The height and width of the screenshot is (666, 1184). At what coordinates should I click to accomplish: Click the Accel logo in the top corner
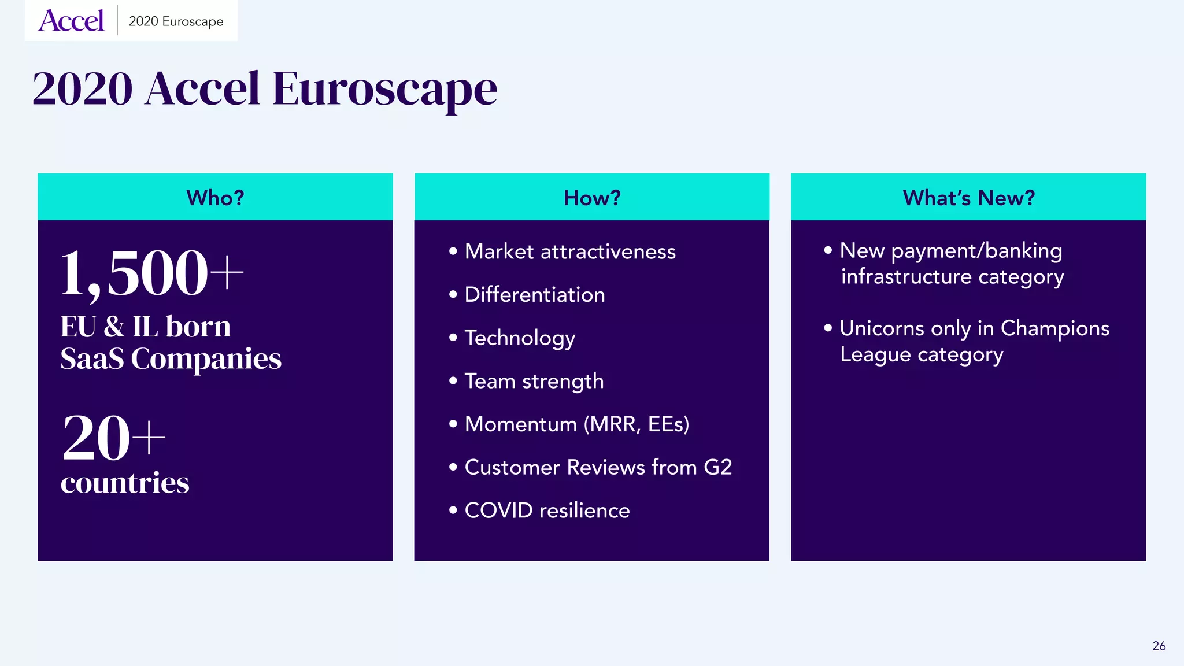[71, 21]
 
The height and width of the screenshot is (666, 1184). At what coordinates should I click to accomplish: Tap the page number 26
[1159, 646]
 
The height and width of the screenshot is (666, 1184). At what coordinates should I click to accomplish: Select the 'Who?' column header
[215, 198]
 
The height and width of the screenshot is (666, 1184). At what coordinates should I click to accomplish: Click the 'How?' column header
[592, 198]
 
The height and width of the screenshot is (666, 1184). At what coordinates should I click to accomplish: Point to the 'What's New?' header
[968, 198]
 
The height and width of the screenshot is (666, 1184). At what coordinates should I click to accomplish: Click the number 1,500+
[151, 273]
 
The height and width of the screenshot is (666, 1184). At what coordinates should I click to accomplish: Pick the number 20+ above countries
[114, 438]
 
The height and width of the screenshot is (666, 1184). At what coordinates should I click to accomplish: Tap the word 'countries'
[125, 483]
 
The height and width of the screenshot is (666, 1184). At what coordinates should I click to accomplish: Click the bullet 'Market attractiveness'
[569, 251]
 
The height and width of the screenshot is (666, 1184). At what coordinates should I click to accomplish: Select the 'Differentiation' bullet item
[534, 295]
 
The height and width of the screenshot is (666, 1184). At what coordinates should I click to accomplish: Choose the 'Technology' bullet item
[520, 338]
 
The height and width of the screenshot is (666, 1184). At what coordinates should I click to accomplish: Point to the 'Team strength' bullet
[534, 382]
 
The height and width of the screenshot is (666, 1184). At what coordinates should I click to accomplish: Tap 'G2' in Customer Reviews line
[717, 467]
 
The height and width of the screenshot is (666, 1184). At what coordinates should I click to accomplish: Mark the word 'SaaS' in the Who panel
[92, 358]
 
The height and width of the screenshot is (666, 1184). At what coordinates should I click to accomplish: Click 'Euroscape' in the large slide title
[384, 89]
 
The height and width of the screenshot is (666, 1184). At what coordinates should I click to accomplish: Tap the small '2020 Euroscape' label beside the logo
[176, 21]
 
